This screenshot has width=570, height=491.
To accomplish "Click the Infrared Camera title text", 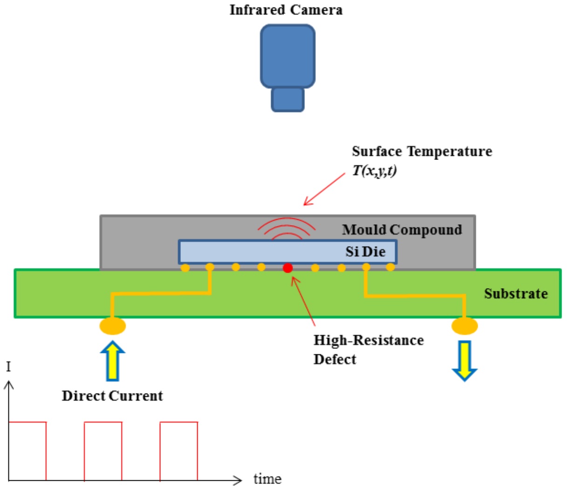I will (x=286, y=10).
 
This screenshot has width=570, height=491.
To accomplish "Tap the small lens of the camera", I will (x=288, y=99).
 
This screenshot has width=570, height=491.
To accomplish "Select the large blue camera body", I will (x=288, y=56).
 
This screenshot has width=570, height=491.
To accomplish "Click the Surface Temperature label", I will (x=422, y=152).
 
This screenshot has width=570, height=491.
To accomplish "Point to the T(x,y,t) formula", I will (x=374, y=171).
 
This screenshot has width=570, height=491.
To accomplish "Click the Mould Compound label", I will (x=402, y=230).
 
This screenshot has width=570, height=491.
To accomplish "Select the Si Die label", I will (x=365, y=252).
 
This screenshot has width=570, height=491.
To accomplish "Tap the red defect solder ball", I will (x=288, y=268).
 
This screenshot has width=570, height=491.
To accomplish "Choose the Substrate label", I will (x=515, y=294).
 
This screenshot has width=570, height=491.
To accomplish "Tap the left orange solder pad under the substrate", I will (x=113, y=325).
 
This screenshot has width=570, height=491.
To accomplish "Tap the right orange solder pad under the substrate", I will (x=465, y=325).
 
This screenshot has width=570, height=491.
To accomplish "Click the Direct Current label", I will (x=112, y=396).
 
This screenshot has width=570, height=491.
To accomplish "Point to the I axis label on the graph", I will (x=8, y=367).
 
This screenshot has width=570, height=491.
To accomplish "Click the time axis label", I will (x=267, y=479).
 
